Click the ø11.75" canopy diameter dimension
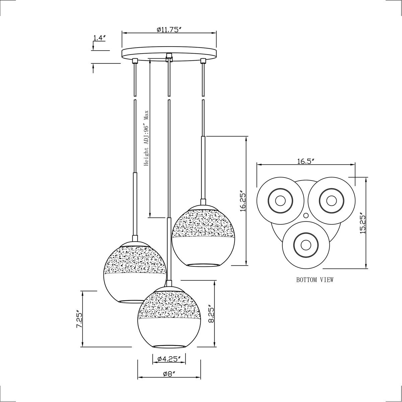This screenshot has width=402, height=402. (x=169, y=29)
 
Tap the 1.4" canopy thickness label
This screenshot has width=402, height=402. (x=99, y=38)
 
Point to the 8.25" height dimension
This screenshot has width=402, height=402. (x=211, y=314)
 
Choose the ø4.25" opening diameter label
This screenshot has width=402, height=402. (x=169, y=359)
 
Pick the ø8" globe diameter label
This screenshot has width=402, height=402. (x=169, y=375)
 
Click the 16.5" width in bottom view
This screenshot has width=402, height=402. (x=305, y=161)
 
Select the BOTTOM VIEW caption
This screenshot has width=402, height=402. (x=315, y=280)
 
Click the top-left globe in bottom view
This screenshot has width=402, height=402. (x=279, y=201)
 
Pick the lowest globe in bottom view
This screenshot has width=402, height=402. (x=305, y=245)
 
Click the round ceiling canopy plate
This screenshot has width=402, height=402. (x=169, y=54)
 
